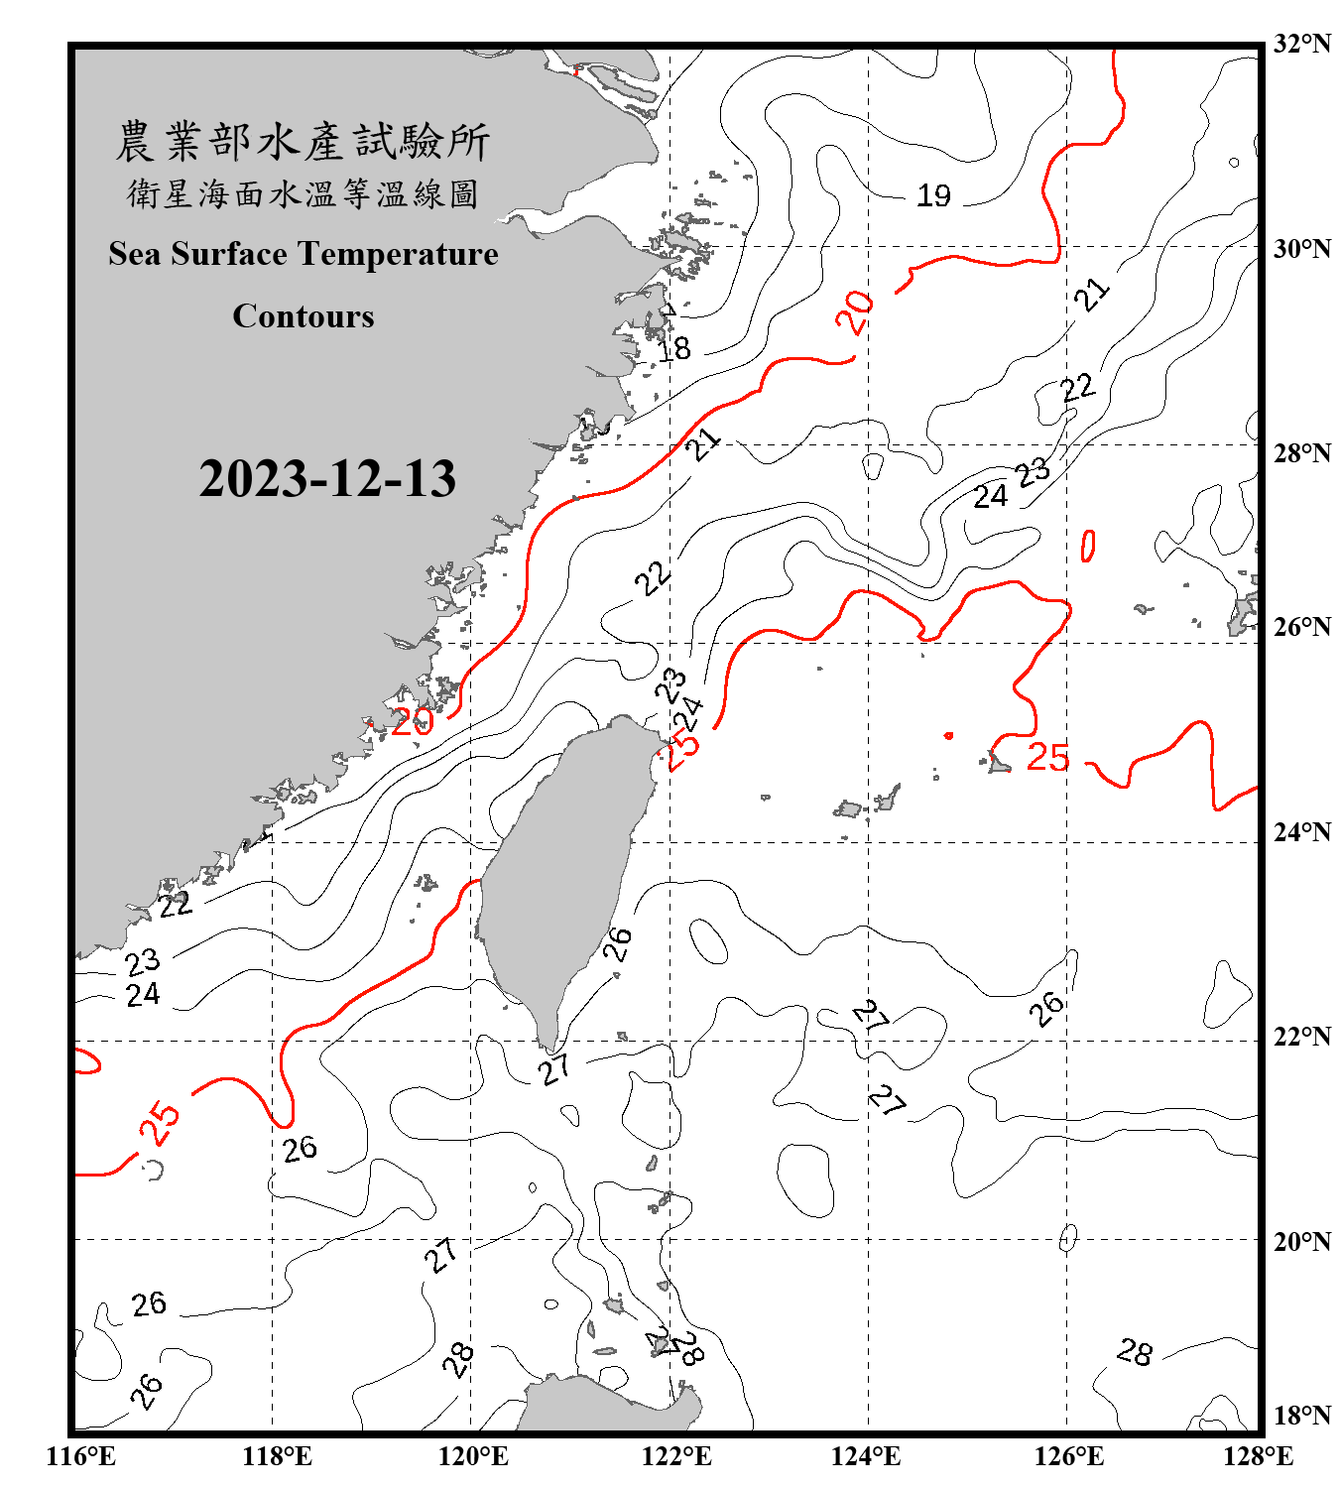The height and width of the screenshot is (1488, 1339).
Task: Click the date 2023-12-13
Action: tap(327, 479)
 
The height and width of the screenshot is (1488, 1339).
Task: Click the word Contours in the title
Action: tap(304, 316)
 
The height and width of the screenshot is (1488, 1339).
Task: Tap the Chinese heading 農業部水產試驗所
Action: tap(303, 142)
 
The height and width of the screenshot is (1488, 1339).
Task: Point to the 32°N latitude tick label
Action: tap(1301, 44)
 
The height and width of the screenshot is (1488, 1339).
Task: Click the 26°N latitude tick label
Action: tap(1301, 627)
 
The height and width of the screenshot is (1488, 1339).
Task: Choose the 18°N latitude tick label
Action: tap(1301, 1416)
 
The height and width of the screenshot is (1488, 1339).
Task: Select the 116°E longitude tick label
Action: tap(81, 1456)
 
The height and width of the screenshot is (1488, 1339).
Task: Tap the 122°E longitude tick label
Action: tap(676, 1456)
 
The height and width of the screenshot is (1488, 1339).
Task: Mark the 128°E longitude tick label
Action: tap(1258, 1456)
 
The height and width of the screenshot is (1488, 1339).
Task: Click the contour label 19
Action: tap(933, 195)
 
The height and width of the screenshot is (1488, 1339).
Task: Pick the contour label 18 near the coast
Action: tap(674, 348)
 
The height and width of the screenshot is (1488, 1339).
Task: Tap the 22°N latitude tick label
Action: tap(1301, 1037)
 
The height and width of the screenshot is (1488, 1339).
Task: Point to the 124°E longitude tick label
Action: tap(866, 1456)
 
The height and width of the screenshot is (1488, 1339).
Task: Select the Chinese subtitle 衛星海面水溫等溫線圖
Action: tap(303, 194)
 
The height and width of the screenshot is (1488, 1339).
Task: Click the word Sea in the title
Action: tap(135, 254)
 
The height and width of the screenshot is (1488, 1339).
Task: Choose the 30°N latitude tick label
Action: tap(1301, 249)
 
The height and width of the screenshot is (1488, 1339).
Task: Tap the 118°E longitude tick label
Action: tap(277, 1456)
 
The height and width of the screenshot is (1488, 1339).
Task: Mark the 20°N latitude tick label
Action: tap(1301, 1241)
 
